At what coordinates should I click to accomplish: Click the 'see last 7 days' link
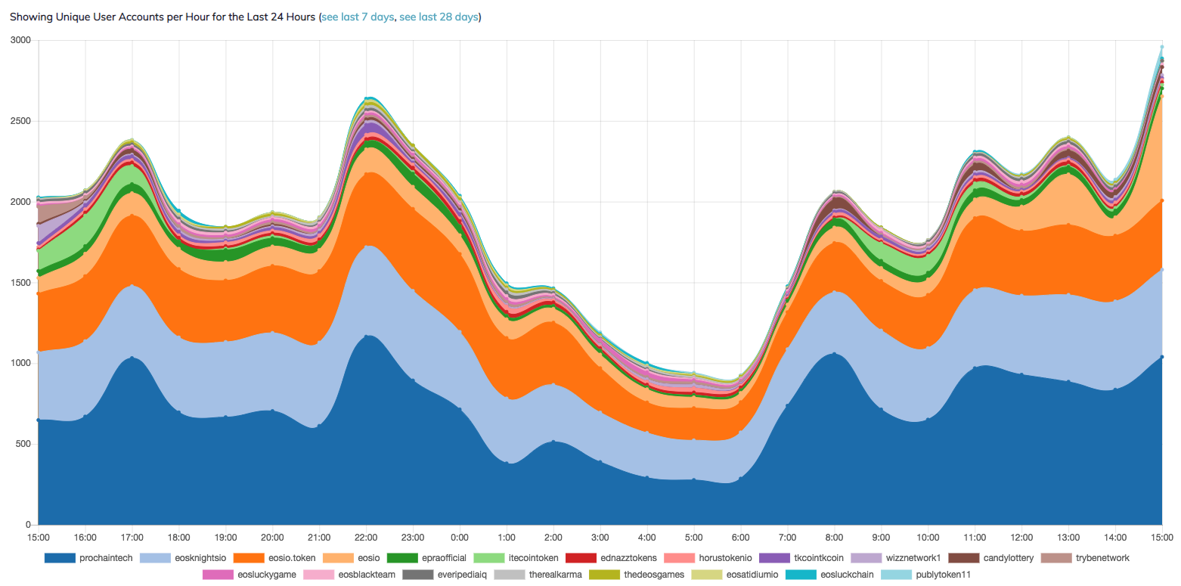point(358,17)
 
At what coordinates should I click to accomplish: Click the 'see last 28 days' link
point(439,17)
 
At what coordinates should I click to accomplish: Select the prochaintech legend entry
point(106,558)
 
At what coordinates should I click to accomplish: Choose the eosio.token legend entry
point(288,558)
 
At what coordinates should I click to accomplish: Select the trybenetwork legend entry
point(1102,558)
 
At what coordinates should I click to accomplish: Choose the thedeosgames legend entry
point(653,575)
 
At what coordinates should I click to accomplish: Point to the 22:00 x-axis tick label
point(366,537)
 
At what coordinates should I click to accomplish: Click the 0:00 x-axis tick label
point(459,537)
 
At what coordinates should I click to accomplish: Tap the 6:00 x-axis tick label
point(740,537)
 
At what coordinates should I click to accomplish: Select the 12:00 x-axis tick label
point(1021,537)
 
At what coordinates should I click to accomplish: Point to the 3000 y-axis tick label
point(20,40)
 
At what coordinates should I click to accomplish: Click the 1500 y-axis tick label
point(20,283)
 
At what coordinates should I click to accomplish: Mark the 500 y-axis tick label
point(23,444)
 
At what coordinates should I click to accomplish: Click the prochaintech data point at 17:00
point(132,358)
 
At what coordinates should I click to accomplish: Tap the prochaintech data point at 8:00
point(834,354)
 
